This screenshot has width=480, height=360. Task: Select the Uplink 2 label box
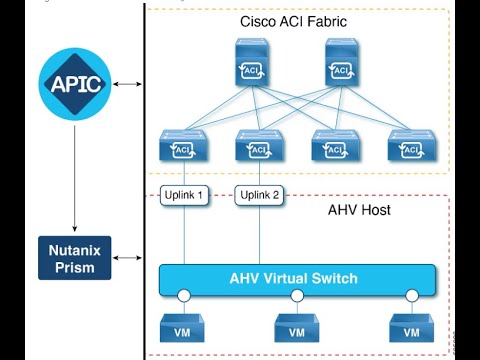[x=258, y=194]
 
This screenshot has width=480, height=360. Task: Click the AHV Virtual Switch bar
[x=297, y=278]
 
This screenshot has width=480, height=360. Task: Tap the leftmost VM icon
[x=183, y=328]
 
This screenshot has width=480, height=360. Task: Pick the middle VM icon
[x=297, y=328]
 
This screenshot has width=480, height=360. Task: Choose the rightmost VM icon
[x=410, y=328]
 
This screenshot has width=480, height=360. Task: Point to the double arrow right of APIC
[x=127, y=83]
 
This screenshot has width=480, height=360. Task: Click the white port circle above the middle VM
[x=297, y=296]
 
